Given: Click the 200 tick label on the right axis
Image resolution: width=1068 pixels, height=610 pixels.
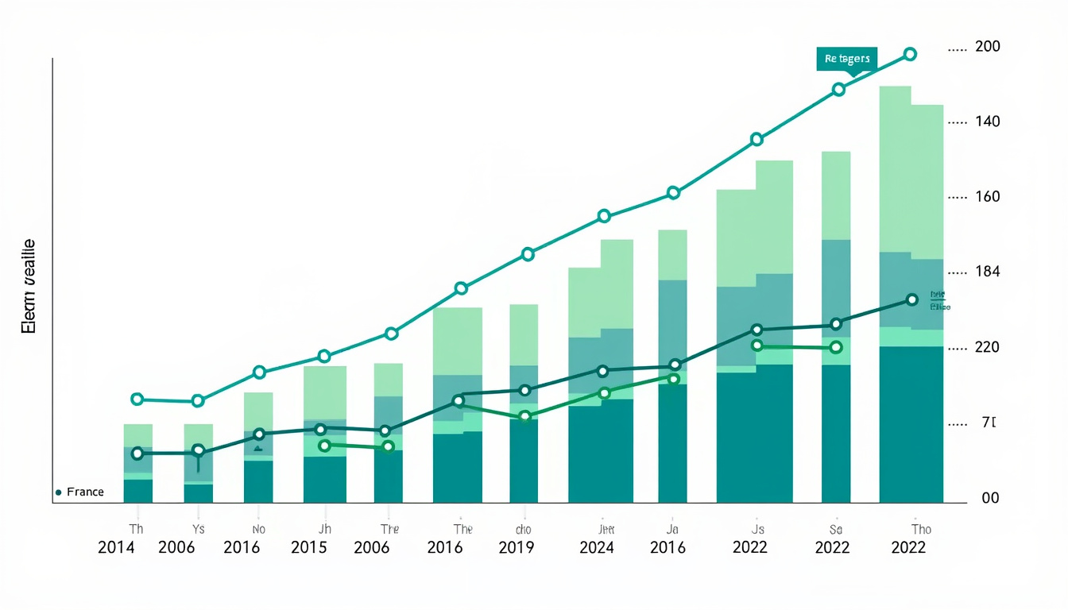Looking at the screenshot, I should tap(987, 47).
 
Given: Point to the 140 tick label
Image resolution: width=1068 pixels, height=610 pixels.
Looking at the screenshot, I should tap(987, 122).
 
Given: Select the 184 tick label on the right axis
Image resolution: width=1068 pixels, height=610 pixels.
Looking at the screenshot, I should tap(987, 272).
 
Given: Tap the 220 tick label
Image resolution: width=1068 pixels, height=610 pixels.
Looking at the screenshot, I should tap(987, 347).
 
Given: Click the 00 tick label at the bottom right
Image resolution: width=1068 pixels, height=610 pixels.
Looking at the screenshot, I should tap(990, 498).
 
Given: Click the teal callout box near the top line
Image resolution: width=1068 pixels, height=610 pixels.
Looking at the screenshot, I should tap(846, 59).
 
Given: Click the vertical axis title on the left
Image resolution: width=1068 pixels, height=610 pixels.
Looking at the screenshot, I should tap(29, 286).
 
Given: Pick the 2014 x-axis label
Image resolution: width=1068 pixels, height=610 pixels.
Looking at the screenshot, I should tap(117, 547).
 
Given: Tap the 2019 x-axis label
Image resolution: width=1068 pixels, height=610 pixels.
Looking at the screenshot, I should tap(517, 547).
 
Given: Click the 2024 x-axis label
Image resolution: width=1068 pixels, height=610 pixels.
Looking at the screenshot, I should tap(597, 547).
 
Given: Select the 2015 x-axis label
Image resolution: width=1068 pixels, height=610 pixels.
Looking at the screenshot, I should tap(309, 547).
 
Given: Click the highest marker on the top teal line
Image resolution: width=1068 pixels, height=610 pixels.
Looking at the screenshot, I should tap(911, 54).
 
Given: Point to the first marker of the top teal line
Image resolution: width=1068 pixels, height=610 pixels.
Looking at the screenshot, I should tap(137, 400).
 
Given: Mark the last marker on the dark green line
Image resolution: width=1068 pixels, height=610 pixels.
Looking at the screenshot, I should tap(912, 299).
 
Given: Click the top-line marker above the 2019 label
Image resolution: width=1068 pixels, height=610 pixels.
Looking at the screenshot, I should tap(528, 255).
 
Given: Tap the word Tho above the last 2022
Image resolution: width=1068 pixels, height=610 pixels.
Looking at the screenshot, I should tap(921, 529).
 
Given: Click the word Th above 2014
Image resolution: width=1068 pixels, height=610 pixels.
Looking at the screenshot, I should tap(136, 529).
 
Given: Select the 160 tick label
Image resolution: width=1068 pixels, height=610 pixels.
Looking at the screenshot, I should tap(987, 196).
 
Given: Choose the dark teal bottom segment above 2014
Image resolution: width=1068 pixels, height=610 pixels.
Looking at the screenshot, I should tap(137, 491).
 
